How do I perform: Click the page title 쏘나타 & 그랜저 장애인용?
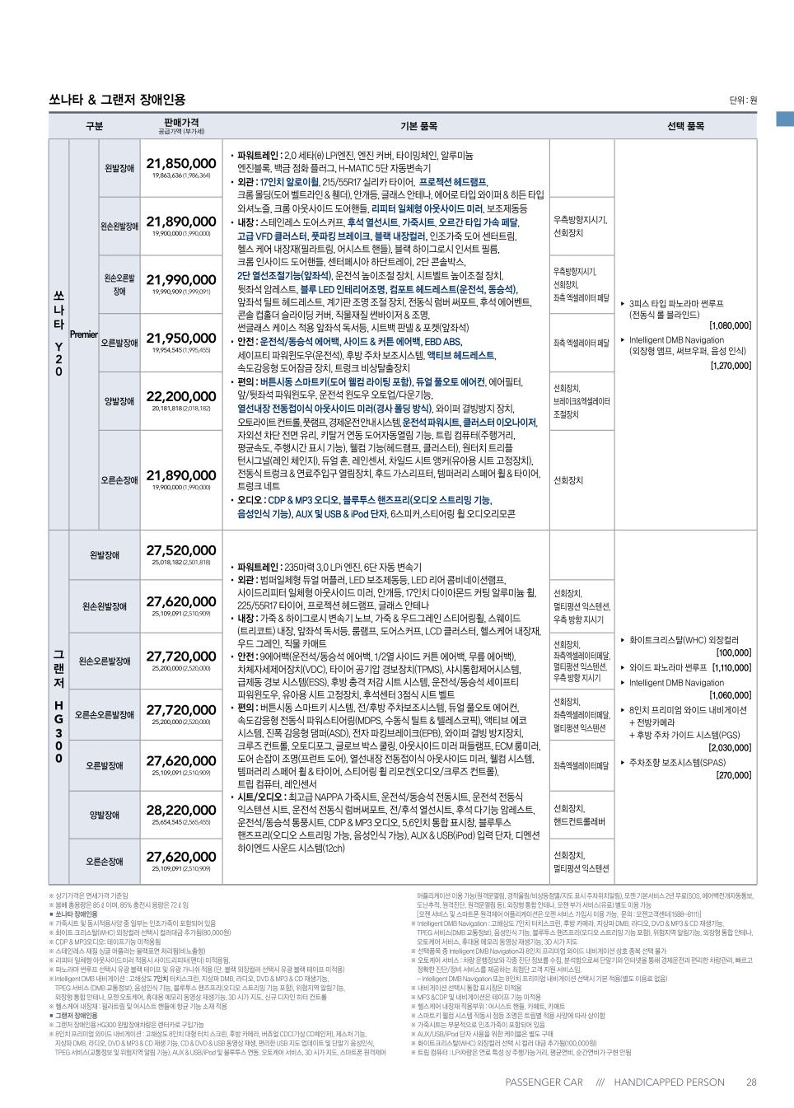pos(117,100)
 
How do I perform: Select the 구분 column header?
pos(94,126)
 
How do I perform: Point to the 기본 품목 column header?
pos(419,126)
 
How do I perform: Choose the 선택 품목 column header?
pos(685,126)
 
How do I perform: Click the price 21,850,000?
pos(181,164)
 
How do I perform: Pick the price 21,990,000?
pos(181,280)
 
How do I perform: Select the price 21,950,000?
pos(181,339)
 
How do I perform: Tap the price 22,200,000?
pos(181,396)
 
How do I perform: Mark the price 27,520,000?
pos(181,551)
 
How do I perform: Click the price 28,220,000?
pos(181,811)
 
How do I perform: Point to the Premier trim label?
pos(84,334)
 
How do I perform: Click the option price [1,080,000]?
pos(730,326)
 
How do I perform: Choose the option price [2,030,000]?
pos(730,748)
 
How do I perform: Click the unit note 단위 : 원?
pos(742,101)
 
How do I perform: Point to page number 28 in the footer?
pos(751,1082)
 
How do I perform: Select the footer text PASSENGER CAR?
pos(544,1082)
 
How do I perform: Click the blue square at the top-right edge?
pos(785,119)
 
